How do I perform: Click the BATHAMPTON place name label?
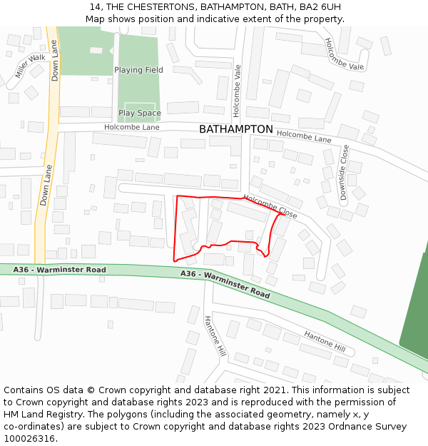tap(235, 129)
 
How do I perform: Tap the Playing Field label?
tap(138, 70)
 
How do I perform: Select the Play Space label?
tap(140, 113)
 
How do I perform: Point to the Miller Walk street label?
tap(30, 66)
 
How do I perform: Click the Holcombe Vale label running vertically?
tap(238, 91)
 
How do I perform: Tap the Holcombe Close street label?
tap(270, 206)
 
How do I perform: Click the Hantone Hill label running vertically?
tap(215, 336)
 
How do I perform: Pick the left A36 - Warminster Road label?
tap(60, 270)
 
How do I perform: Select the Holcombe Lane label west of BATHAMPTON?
tap(131, 127)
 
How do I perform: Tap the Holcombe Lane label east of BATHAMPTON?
tap(304, 135)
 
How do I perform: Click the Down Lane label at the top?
tap(55, 60)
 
